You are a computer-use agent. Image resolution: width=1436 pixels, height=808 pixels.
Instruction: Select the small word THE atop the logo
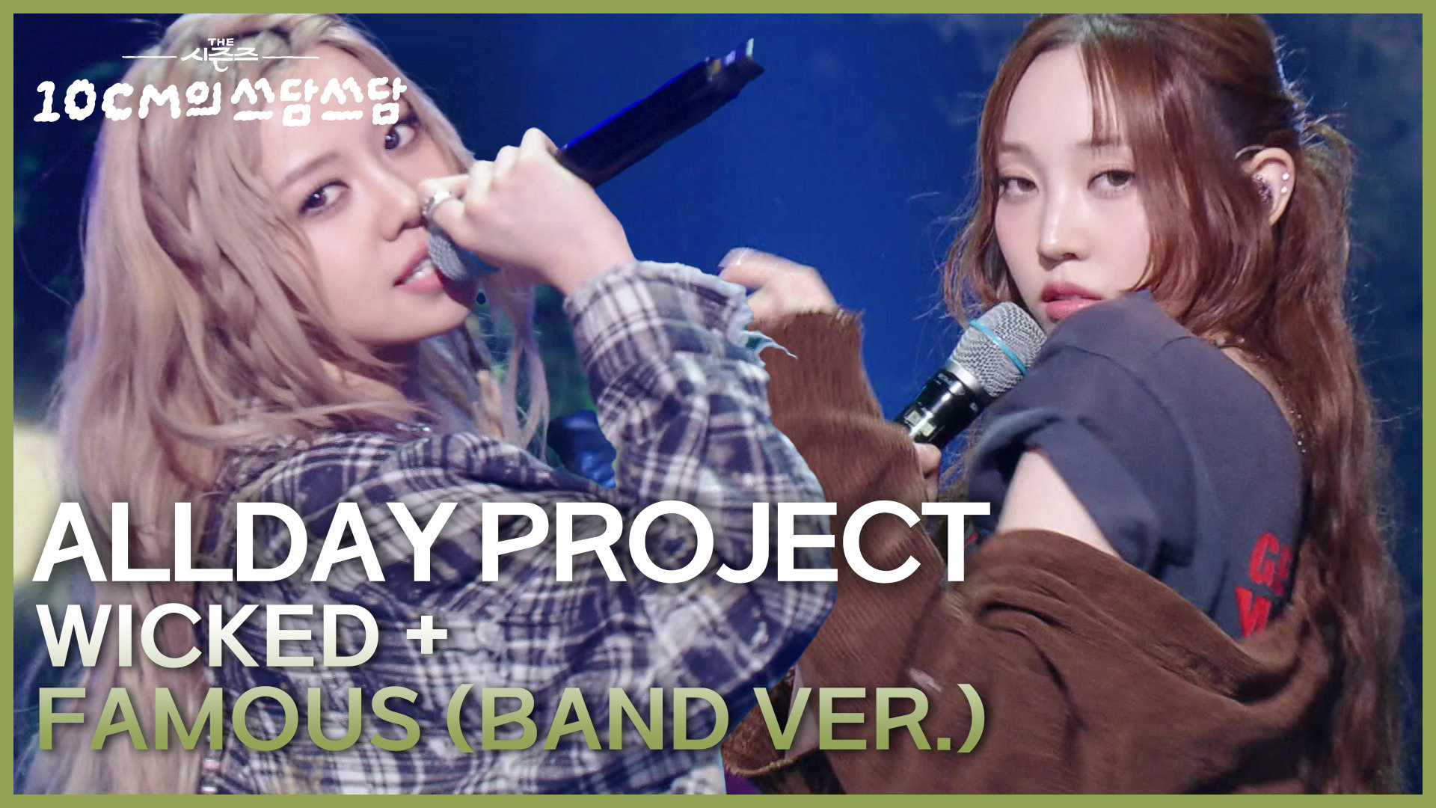point(218,44)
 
